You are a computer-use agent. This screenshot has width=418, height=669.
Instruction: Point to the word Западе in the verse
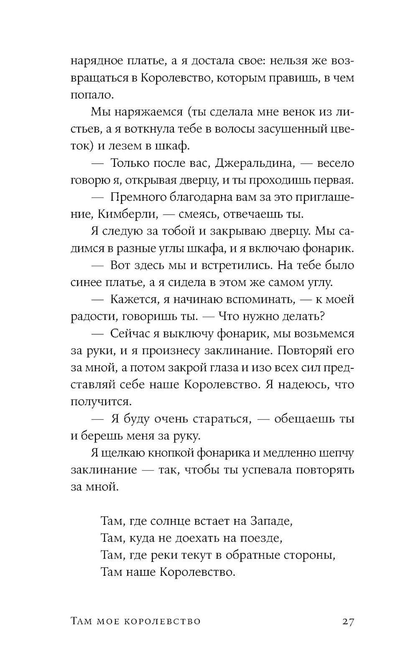point(270,521)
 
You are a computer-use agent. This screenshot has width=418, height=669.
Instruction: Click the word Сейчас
point(133,334)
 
